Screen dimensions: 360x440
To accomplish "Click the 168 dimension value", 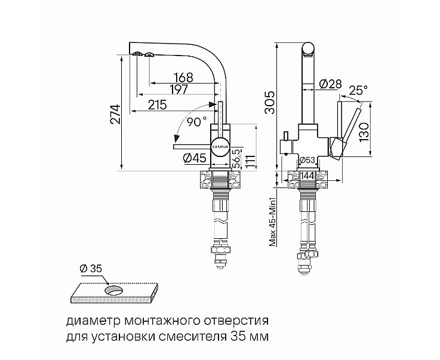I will pos(184,77).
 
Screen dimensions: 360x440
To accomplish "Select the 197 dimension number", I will pos(178,90).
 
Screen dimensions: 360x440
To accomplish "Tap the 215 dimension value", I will pos(156,105).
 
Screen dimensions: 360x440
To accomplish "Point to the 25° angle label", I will pos(358,90).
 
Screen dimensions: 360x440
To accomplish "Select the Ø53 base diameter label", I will pos(307,159).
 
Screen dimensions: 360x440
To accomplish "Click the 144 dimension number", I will pos(308,176).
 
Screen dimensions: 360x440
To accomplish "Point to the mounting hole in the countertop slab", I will pos(113,291).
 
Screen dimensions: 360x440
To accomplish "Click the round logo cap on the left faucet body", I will pos(219,144).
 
